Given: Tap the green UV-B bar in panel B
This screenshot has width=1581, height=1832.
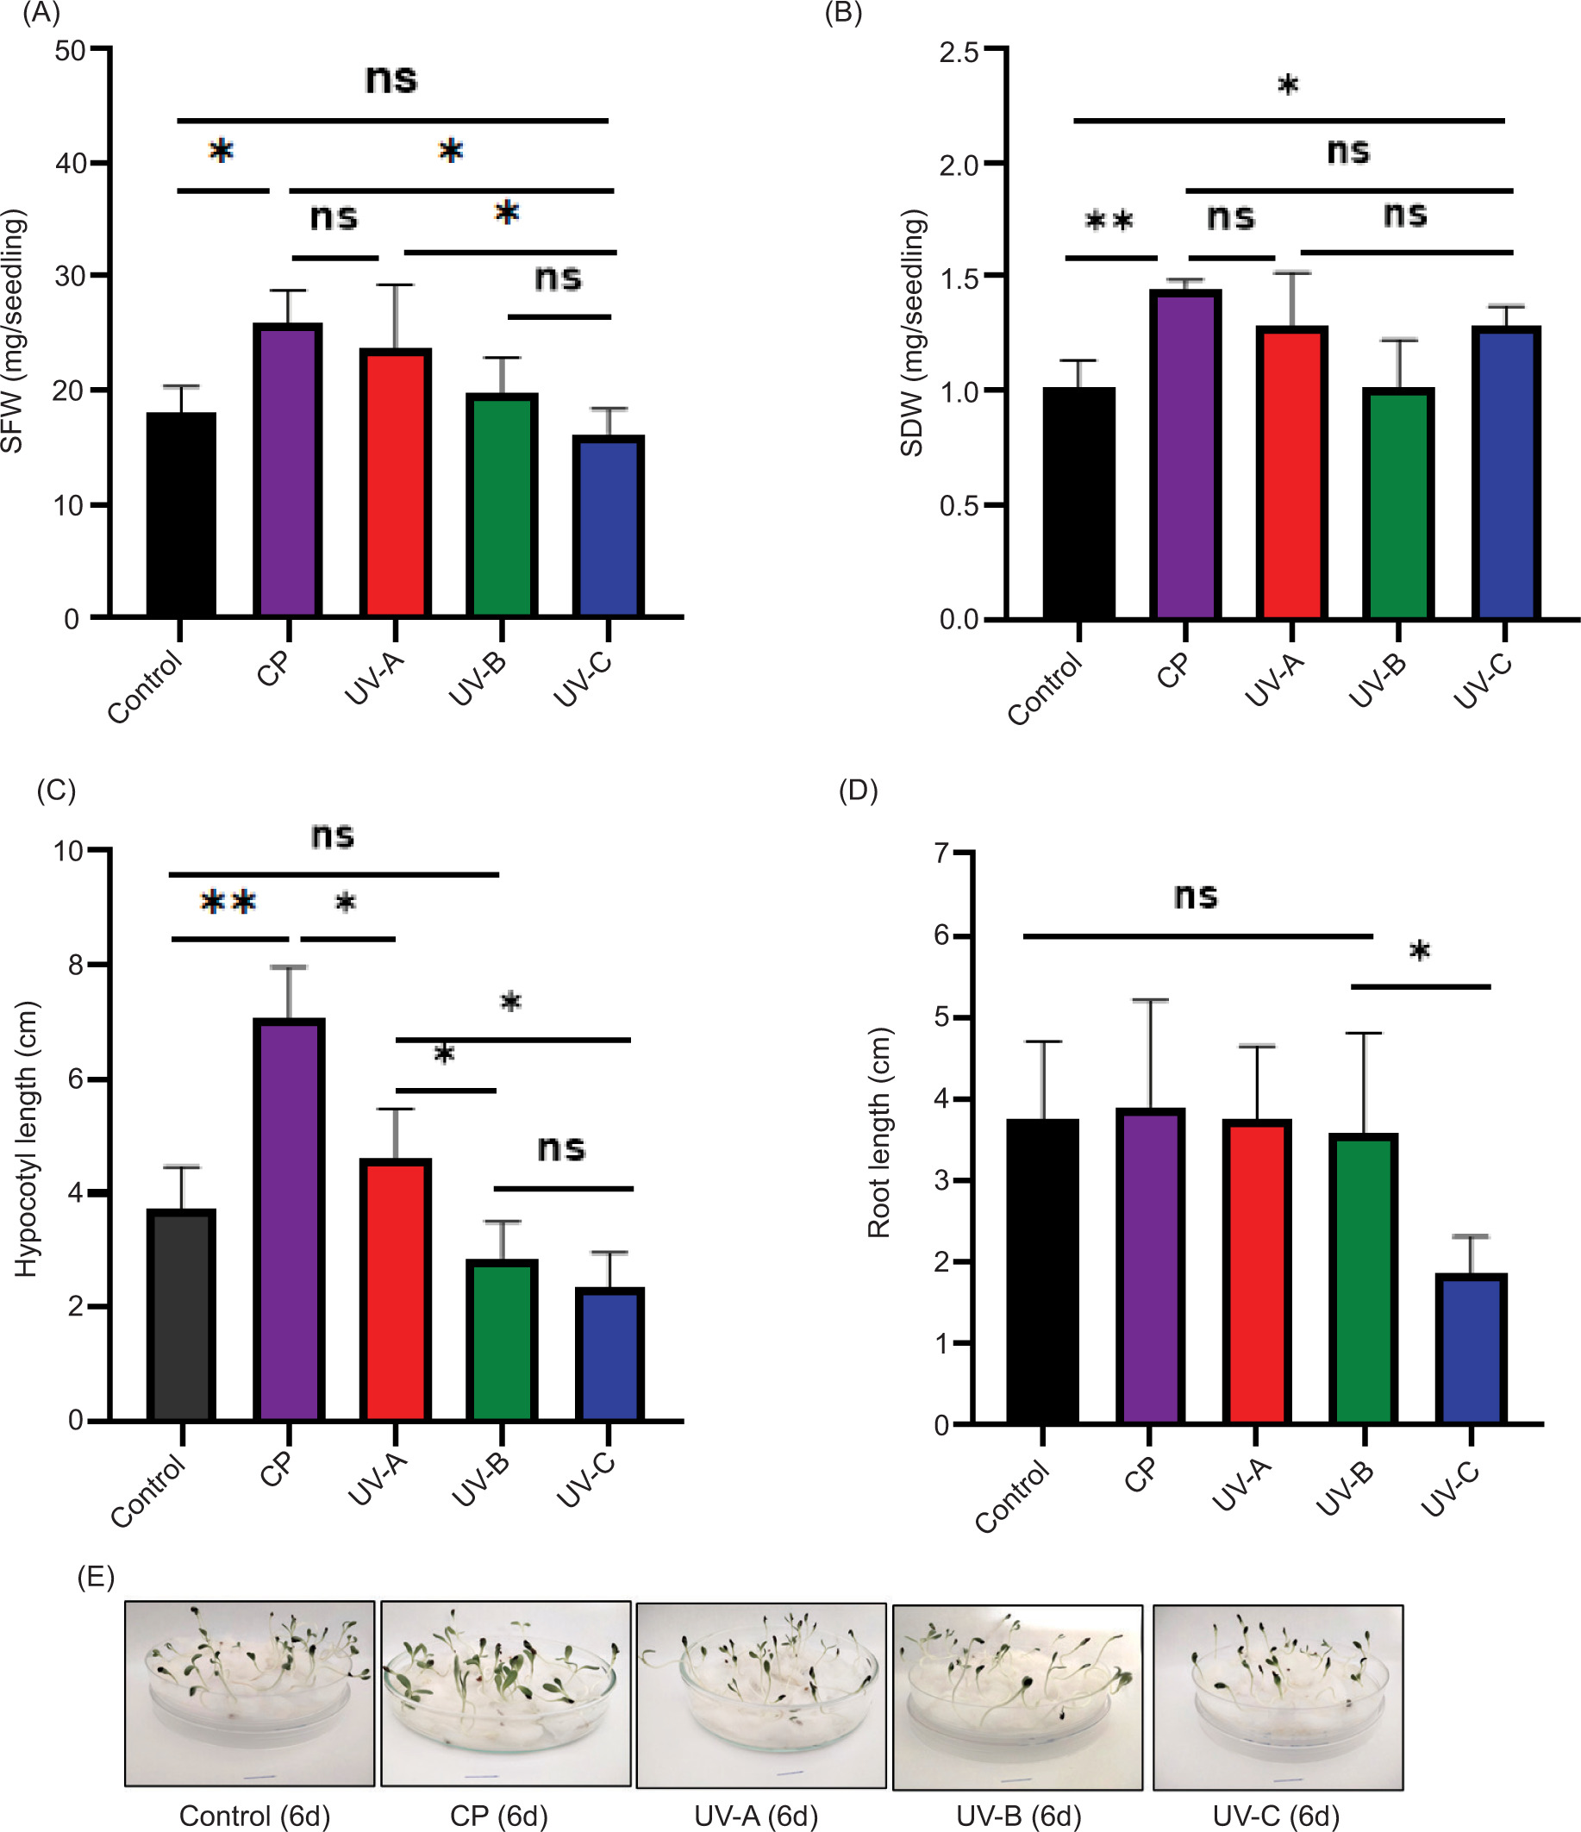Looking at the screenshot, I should (1398, 504).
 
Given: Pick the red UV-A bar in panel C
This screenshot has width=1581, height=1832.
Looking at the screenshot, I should (395, 1290).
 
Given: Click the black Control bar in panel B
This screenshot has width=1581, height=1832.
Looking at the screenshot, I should (1078, 504).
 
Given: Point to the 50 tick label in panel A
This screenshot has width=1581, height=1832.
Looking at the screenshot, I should (70, 50).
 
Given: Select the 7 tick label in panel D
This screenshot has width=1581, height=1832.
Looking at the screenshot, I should (940, 853).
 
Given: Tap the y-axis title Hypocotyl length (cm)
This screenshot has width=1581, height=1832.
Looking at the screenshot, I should (27, 1140).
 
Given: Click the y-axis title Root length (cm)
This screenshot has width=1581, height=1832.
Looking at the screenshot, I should (878, 1133).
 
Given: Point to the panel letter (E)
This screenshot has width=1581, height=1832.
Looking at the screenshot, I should (96, 1577).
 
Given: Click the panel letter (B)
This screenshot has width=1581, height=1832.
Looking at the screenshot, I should (843, 13).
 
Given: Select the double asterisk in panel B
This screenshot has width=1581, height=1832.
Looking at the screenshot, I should (1109, 220).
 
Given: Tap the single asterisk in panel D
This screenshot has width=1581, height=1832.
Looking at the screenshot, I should (1419, 952).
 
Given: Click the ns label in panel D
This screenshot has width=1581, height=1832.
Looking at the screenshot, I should (1196, 897).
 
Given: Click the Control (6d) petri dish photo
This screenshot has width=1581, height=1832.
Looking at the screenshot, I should (249, 1692).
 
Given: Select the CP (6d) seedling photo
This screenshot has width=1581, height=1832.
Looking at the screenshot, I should (506, 1692).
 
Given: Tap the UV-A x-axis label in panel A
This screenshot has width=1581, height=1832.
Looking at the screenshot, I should (373, 679).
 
